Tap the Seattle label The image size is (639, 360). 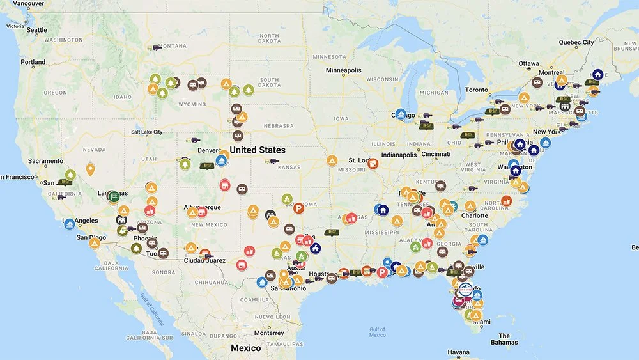click(x=36, y=30)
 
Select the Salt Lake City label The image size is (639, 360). click(x=147, y=132)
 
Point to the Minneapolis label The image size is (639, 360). click(x=343, y=70)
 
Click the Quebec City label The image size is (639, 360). click(x=576, y=43)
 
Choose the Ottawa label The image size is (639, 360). click(x=528, y=63)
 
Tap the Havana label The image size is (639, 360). click(x=458, y=352)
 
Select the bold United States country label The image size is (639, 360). click(x=258, y=150)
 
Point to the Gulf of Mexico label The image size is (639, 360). click(x=377, y=332)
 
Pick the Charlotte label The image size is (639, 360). click(x=474, y=215)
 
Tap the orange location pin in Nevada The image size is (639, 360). click(x=91, y=169)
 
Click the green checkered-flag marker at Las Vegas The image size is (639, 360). click(x=113, y=196)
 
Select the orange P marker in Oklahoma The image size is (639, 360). click(x=298, y=208)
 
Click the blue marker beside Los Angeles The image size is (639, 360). click(x=69, y=224)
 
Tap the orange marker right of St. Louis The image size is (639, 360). click(x=373, y=164)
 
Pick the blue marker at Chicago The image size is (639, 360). click(x=401, y=114)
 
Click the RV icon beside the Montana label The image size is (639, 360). click(x=153, y=47)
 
